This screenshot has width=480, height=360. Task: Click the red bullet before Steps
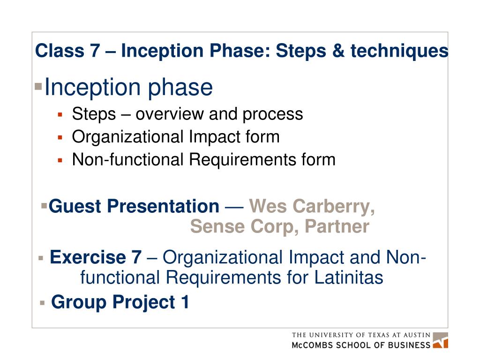[60, 114]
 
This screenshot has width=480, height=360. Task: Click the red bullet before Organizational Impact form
[60, 137]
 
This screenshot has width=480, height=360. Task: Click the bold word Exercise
[89, 257]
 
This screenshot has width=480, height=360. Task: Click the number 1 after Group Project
[184, 302]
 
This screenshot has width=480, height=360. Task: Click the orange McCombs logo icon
[440, 341]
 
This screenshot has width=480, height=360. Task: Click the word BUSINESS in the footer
[406, 345]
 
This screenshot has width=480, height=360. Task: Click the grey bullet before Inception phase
[38, 87]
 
